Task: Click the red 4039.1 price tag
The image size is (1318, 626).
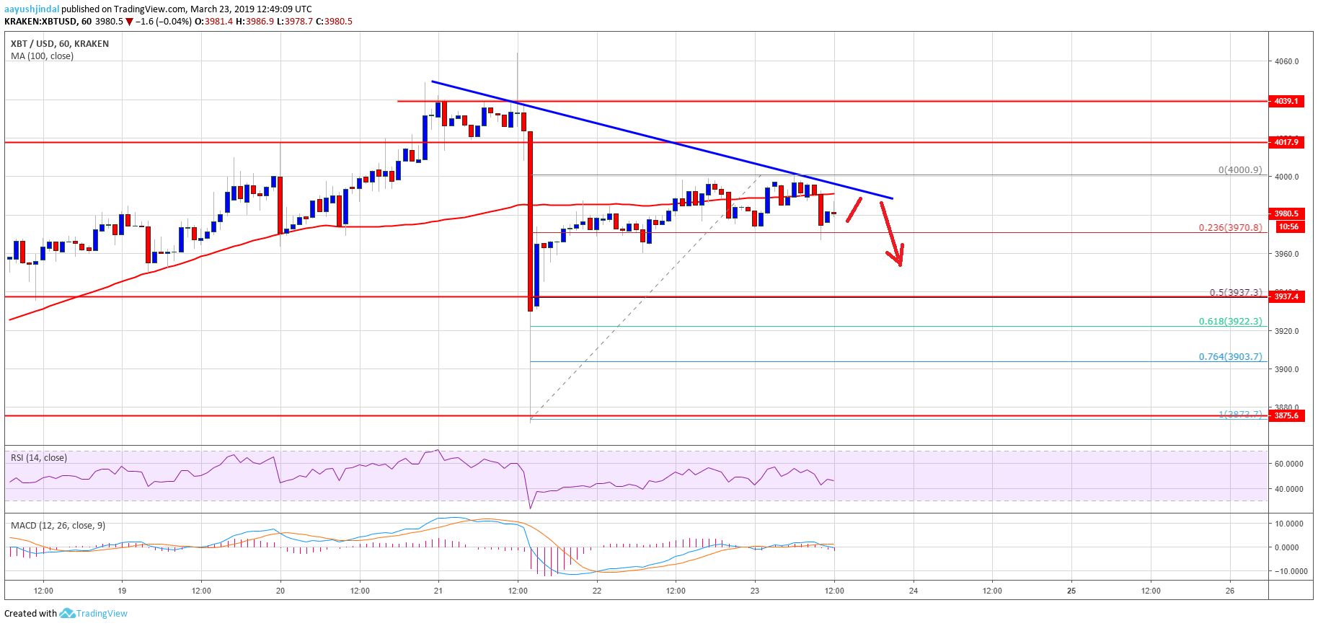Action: tap(1286, 101)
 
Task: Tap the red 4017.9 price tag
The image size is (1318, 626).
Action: tap(1286, 142)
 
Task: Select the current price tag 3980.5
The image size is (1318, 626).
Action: tap(1286, 213)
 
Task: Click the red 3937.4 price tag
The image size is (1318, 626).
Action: tap(1286, 296)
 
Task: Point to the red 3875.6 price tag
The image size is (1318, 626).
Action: tap(1286, 415)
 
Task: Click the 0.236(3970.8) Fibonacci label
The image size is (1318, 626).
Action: tap(1230, 227)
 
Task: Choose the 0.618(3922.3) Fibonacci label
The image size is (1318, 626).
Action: tap(1230, 322)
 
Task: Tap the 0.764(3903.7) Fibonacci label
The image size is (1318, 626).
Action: tap(1230, 356)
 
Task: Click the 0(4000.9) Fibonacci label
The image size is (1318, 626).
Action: tap(1240, 170)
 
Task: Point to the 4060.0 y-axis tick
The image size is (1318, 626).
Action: tap(1286, 61)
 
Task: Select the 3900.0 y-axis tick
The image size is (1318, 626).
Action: tap(1286, 369)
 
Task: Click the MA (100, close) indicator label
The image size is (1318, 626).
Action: tap(42, 56)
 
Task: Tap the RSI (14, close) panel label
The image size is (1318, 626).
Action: tap(39, 458)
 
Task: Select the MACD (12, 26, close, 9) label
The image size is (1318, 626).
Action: tap(58, 526)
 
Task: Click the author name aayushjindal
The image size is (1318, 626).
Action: tap(32, 9)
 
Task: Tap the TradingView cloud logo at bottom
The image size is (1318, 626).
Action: tap(67, 613)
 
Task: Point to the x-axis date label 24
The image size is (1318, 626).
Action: tap(914, 591)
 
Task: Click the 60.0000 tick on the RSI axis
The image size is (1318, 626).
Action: tap(1288, 464)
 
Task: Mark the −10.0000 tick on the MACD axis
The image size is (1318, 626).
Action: tap(1290, 571)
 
